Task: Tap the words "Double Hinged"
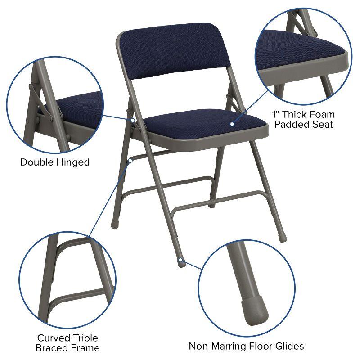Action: click(x=55, y=162)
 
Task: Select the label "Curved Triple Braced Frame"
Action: click(x=67, y=342)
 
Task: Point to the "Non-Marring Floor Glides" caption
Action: click(x=246, y=346)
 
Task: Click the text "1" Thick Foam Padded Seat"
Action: click(x=304, y=119)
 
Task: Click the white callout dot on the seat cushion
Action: click(x=232, y=124)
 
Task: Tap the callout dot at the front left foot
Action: click(x=180, y=260)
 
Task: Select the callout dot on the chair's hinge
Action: click(x=133, y=120)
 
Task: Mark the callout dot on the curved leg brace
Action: click(x=130, y=159)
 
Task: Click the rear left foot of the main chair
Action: click(x=114, y=222)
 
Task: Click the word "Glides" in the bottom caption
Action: click(x=288, y=346)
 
